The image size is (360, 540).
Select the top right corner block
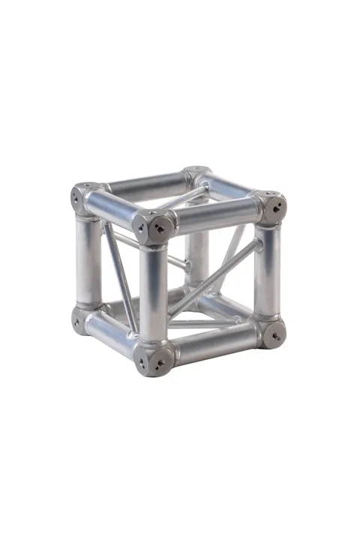(x=269, y=205)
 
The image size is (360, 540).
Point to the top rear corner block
(x=198, y=175)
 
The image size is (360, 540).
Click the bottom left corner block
(x=85, y=318)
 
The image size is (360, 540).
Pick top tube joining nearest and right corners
(x=214, y=215)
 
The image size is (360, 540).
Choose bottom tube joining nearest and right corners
(x=214, y=346)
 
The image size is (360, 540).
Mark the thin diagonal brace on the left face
(x=120, y=277)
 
